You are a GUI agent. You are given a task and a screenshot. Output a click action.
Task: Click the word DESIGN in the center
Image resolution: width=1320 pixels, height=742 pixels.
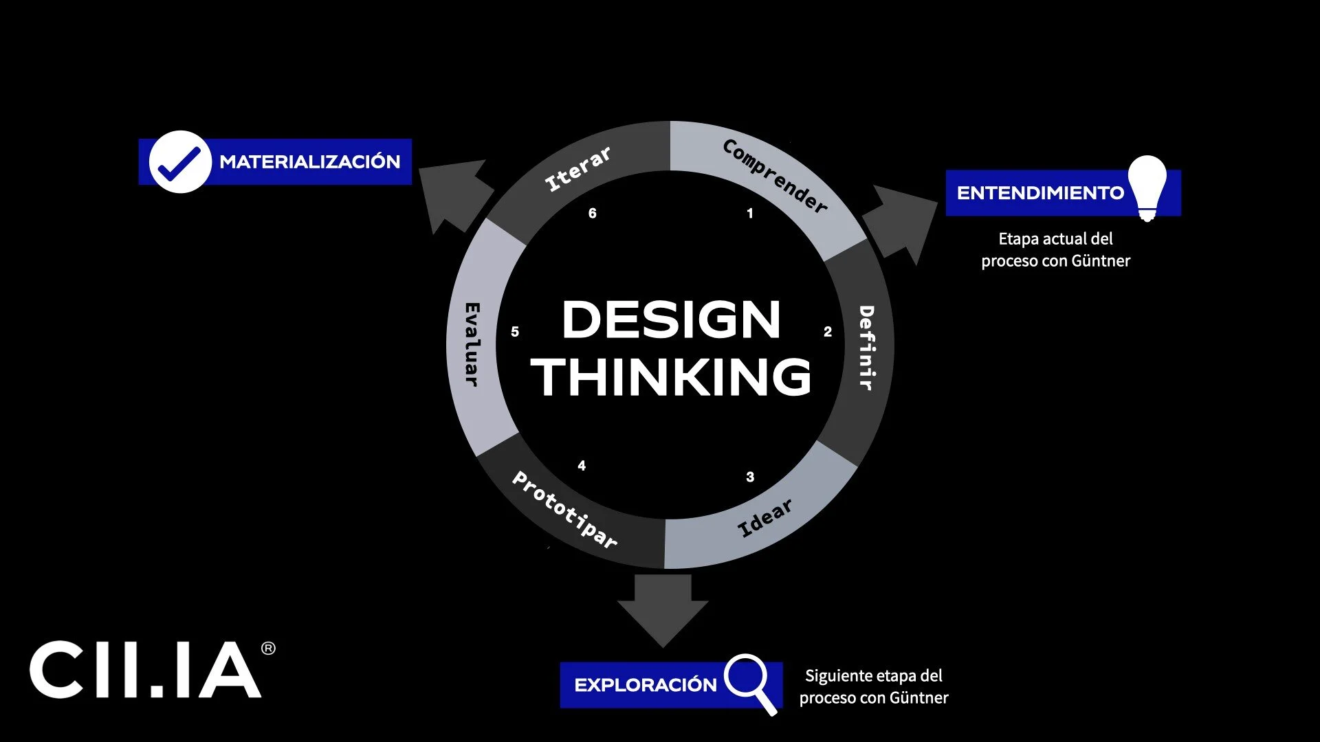(671, 320)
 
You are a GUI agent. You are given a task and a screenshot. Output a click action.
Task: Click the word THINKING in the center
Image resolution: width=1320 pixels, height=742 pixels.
(671, 377)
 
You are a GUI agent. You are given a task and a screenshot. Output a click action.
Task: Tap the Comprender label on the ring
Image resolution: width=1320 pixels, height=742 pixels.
(775, 176)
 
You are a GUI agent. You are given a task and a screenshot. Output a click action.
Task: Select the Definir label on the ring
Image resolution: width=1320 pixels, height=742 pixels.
(866, 348)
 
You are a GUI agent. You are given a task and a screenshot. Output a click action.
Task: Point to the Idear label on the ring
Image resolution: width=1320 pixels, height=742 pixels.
(764, 518)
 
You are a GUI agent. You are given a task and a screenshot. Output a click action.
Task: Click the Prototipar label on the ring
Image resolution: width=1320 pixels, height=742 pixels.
(564, 509)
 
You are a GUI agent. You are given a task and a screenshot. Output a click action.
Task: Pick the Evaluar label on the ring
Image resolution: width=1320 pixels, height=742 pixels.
(472, 344)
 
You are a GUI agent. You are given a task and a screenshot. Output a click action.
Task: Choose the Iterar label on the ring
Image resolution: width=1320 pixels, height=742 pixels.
(577, 168)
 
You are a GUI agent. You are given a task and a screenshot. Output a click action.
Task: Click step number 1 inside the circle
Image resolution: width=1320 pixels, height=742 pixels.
(750, 214)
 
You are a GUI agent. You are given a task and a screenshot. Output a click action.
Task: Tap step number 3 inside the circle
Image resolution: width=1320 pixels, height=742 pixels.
(750, 477)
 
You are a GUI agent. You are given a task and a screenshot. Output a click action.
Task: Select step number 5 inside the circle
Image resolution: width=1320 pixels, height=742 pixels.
(515, 332)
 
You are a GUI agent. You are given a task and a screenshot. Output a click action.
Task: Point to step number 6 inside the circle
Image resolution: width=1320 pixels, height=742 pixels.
(593, 214)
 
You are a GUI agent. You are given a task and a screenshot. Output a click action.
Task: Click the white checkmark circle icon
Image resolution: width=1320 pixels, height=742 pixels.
(179, 162)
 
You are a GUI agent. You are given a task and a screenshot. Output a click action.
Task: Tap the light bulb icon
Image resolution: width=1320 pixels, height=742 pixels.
(1147, 187)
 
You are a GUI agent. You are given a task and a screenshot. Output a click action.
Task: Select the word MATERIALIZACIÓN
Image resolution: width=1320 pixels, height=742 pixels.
(309, 162)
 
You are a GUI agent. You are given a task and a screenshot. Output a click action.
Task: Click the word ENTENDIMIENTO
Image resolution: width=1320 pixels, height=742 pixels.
(1040, 193)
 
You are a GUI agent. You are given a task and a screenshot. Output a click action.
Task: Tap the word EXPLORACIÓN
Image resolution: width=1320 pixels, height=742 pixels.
(645, 685)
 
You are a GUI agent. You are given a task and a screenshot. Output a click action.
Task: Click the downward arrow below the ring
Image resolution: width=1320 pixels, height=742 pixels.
(663, 609)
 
